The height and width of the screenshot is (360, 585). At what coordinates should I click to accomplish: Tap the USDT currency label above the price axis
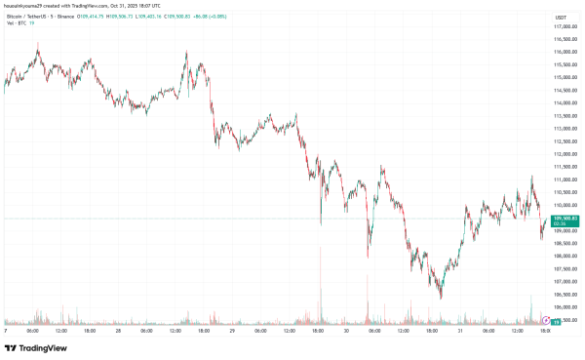point(560,18)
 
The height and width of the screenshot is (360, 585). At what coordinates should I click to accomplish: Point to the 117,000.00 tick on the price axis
point(561,26)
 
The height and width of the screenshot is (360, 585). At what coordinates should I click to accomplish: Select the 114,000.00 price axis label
point(561,102)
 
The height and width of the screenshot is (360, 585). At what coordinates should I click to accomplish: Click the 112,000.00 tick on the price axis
point(561,154)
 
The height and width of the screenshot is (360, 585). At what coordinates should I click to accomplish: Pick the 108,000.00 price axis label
point(561,257)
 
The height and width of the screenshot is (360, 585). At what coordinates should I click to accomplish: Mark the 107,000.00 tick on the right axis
point(561,282)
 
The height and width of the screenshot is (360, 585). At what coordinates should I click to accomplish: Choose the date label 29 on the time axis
point(232,331)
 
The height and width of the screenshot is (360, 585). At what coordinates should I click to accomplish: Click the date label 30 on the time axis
point(347,331)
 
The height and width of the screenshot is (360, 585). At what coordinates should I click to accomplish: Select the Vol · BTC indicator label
point(16,25)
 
